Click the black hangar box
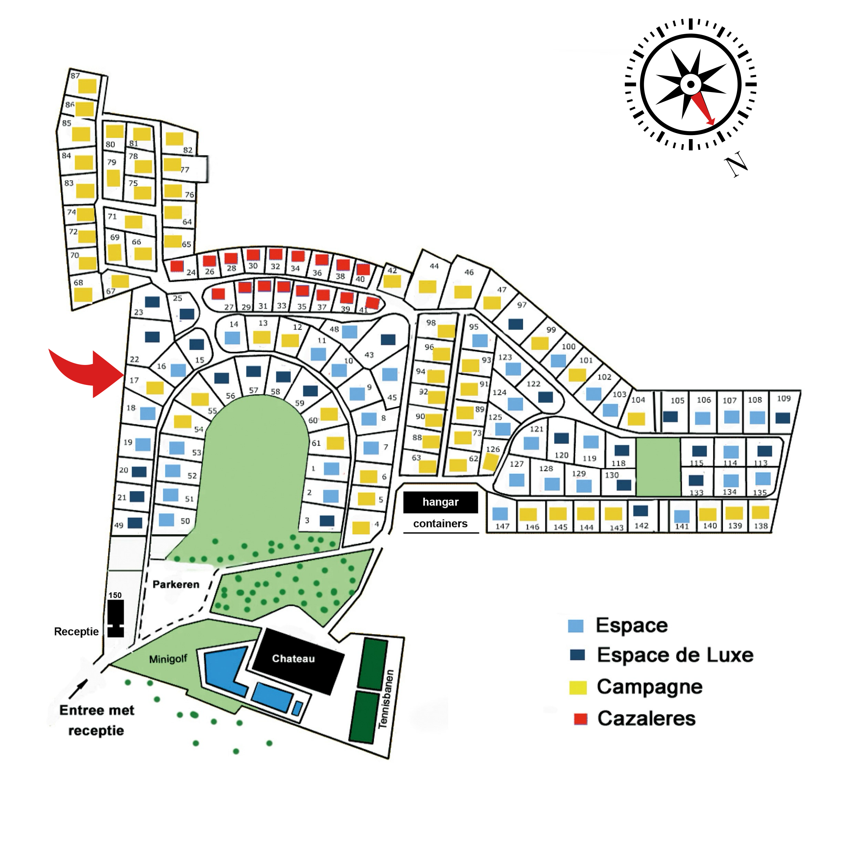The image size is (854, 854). pos(440,502)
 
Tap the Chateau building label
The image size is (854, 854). pos(294,659)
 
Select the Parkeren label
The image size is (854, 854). pos(176,584)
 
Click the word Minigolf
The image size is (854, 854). pos(168,659)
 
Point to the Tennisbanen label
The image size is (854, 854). pos(385,699)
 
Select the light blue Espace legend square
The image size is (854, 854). pos(575,626)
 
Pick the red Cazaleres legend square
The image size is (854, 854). pos(580,719)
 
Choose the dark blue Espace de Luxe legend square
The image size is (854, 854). pos(577,655)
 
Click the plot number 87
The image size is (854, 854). pos(75,76)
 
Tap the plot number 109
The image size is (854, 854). pos(784,398)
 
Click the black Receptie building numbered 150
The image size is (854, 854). pos(116,618)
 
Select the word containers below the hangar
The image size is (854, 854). pos(440,523)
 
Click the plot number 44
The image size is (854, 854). pos(434,266)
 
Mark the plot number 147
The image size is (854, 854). pos(503,526)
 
